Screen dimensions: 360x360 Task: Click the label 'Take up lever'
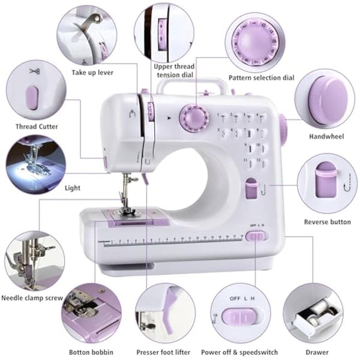[92, 73]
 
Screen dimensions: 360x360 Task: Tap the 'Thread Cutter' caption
[37, 127]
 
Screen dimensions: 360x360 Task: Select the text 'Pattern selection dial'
[261, 78]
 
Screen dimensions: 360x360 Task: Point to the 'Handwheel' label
[326, 136]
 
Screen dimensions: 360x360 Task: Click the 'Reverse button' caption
[327, 222]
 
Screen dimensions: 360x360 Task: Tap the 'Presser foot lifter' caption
[164, 352]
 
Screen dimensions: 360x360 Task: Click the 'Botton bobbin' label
[91, 352]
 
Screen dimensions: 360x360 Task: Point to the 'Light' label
[72, 188]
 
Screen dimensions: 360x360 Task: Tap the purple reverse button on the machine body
[251, 189]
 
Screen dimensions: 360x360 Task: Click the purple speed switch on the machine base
[256, 236]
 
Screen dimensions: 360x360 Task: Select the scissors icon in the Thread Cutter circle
[33, 71]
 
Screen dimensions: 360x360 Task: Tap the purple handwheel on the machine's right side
[283, 128]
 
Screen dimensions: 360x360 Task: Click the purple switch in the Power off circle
[240, 316]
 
